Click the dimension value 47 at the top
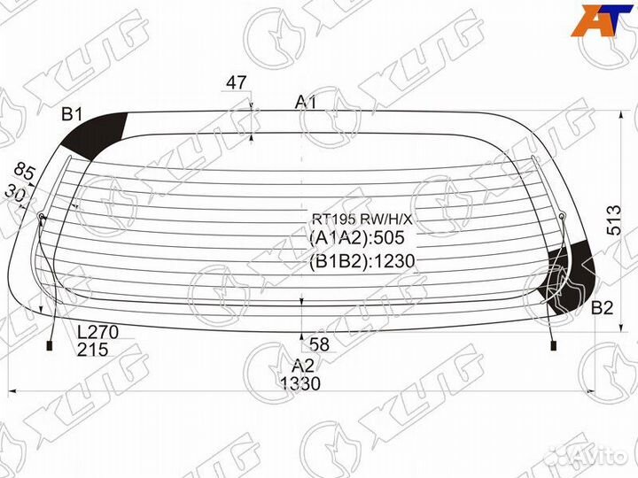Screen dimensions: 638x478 pyautogui.click(x=236, y=82)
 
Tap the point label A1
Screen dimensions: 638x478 pyautogui.click(x=306, y=102)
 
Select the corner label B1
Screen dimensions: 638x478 pyautogui.click(x=72, y=114)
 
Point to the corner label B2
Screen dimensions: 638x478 pyautogui.click(x=602, y=308)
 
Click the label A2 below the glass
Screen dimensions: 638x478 pyautogui.click(x=303, y=366)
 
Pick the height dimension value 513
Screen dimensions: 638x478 pyautogui.click(x=614, y=220)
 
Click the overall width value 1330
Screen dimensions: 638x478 pyautogui.click(x=300, y=383)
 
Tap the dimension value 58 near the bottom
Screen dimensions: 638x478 pyautogui.click(x=319, y=344)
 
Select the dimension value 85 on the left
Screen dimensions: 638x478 pyautogui.click(x=25, y=173)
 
